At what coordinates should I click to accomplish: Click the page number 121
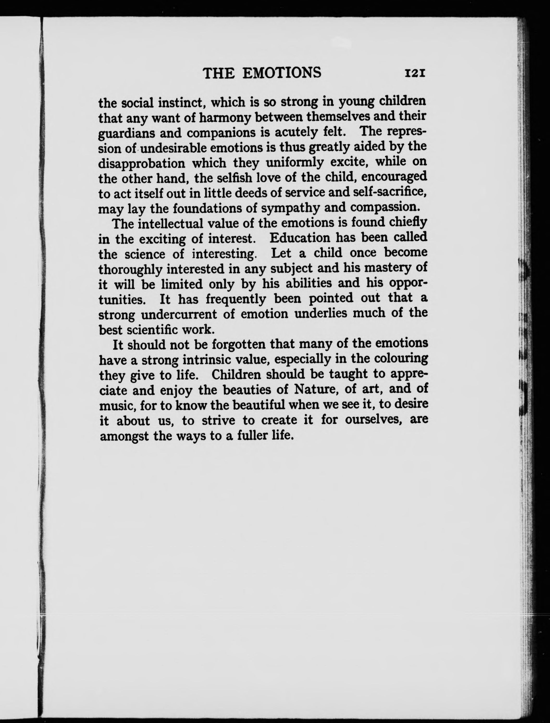[x=415, y=73]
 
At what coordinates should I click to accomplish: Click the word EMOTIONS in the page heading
[x=282, y=73]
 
